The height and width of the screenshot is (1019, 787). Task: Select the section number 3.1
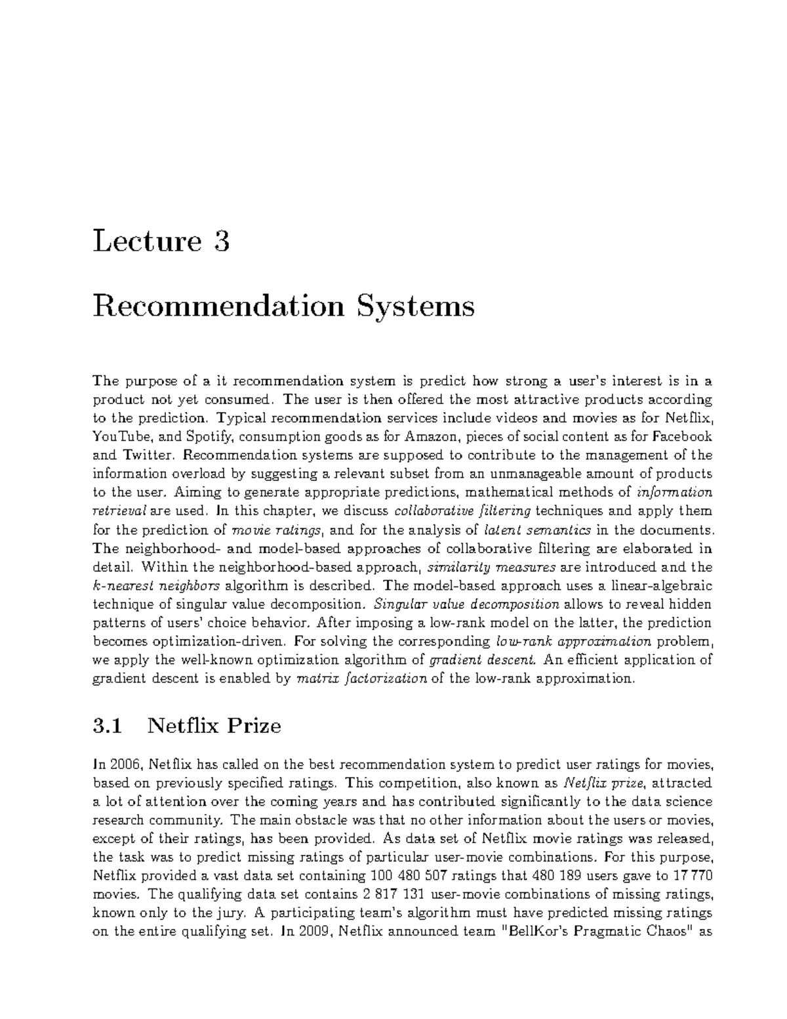[x=108, y=726]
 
